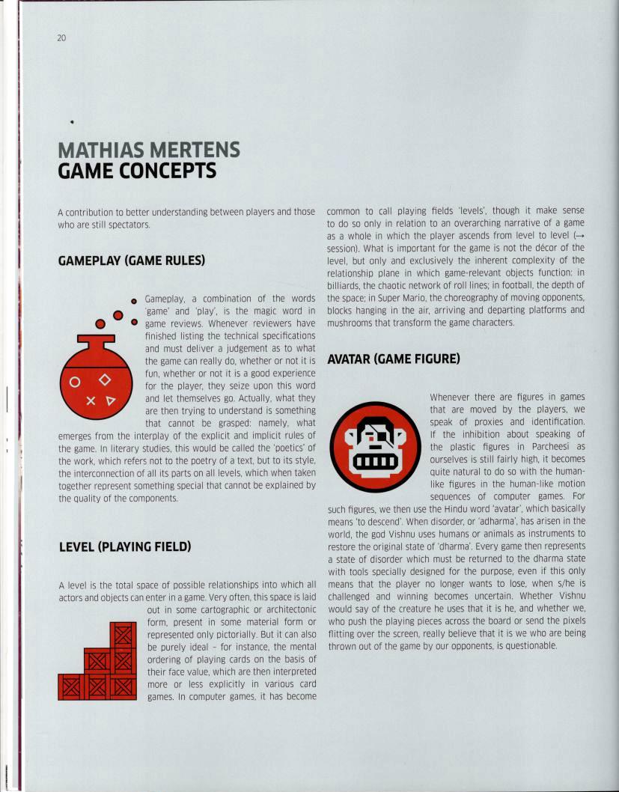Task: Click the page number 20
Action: tap(61, 38)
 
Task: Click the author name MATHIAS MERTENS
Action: tap(149, 150)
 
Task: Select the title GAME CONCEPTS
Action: tap(137, 171)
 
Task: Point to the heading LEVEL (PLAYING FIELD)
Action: tap(125, 546)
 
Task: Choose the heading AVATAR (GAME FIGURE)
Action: tap(393, 359)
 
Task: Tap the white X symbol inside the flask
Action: tap(91, 400)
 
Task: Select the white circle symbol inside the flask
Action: tap(74, 383)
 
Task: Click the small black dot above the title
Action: tap(72, 121)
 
